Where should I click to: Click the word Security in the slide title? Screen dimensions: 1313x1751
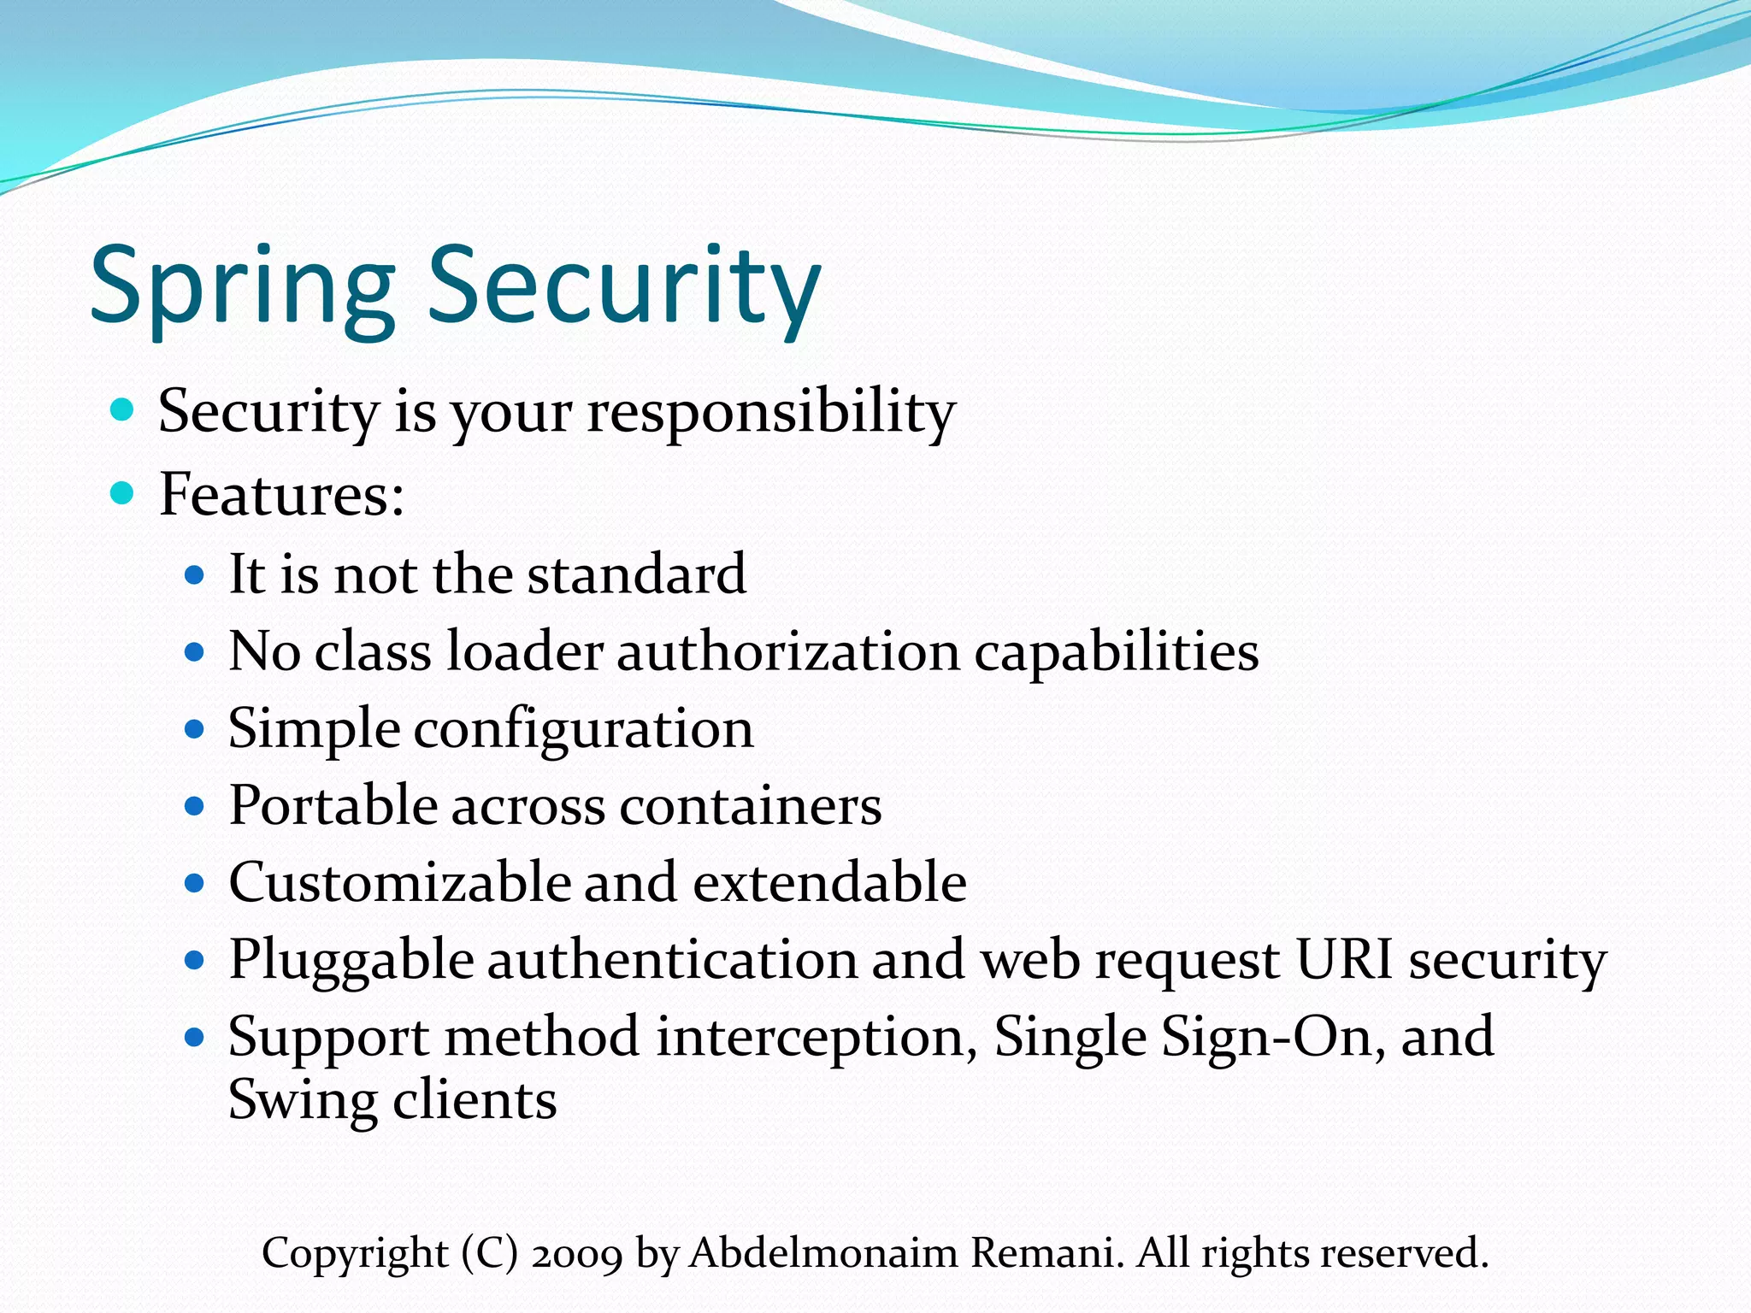(624, 286)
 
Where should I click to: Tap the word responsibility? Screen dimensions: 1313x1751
(771, 413)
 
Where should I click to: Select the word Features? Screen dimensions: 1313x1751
(282, 495)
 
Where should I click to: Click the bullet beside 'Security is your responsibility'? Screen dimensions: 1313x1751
(123, 410)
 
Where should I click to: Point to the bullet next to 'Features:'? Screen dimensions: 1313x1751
(123, 493)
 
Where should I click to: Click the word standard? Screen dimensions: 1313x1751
(637, 574)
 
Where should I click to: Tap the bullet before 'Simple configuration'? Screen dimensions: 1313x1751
(195, 729)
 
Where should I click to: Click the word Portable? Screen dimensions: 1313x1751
(333, 806)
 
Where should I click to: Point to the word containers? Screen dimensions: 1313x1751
(751, 806)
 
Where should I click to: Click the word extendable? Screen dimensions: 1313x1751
(829, 882)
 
